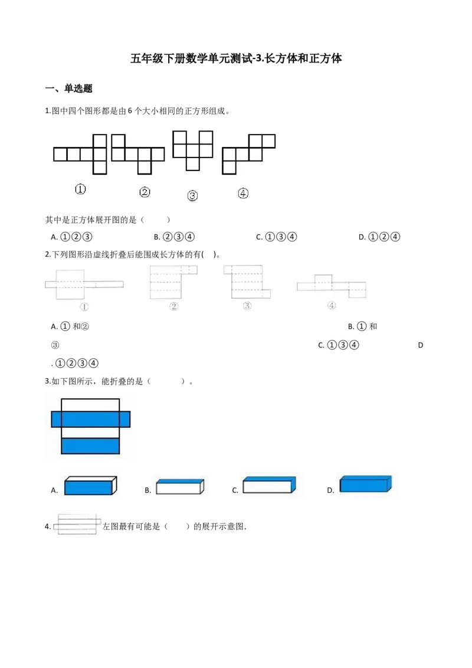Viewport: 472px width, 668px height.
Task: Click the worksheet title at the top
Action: pos(236,58)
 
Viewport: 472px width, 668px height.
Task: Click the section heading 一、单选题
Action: pos(68,89)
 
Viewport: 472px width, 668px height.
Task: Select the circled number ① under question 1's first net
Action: pos(80,189)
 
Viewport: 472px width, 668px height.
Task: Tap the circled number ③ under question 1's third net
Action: pos(192,195)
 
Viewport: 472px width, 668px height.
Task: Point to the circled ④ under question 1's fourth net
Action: pos(243,194)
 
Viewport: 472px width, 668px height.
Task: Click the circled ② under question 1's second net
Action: pos(145,192)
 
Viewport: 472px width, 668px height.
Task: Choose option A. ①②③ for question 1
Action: pos(71,237)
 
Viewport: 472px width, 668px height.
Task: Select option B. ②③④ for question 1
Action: pos(174,237)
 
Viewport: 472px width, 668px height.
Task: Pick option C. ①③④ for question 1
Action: pos(277,237)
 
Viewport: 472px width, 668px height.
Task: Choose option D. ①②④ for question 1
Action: pos(379,237)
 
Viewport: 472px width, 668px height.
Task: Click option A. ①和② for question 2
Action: pos(70,327)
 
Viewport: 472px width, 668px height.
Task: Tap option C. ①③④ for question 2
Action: pos(339,345)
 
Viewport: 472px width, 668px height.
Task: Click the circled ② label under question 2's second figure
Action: pos(173,306)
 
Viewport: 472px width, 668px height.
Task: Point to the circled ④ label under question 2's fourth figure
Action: pos(332,306)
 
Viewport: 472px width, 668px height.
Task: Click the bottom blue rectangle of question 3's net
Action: pos(90,446)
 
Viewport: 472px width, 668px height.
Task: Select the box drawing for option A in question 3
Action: pos(90,486)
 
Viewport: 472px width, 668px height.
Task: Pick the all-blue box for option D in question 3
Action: pos(365,484)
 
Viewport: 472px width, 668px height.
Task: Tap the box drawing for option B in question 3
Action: pos(180,486)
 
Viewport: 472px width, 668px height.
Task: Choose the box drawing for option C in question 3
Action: pos(269,485)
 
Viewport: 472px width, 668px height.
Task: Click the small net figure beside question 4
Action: pos(77,525)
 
